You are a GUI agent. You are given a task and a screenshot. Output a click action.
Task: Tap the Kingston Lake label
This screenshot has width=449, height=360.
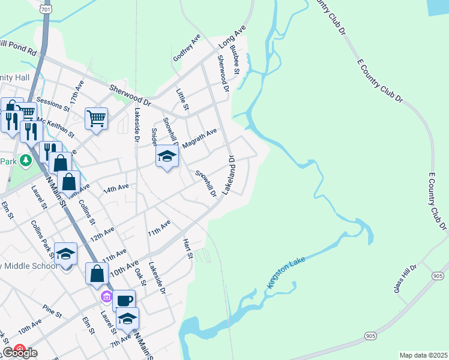(286, 277)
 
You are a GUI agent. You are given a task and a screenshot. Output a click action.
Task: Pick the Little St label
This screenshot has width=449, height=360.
(182, 99)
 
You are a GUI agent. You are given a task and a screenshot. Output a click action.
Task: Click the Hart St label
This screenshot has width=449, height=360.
(187, 248)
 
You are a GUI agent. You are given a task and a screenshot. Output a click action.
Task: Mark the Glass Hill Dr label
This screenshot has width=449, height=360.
(405, 280)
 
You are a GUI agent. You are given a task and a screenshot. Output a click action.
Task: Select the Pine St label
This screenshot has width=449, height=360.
(52, 311)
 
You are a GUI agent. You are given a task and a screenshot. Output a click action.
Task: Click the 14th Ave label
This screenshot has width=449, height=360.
(116, 188)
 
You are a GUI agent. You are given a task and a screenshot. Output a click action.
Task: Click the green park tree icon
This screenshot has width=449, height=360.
(25, 160)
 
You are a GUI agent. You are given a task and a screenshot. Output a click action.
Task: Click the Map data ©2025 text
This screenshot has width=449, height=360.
(423, 355)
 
